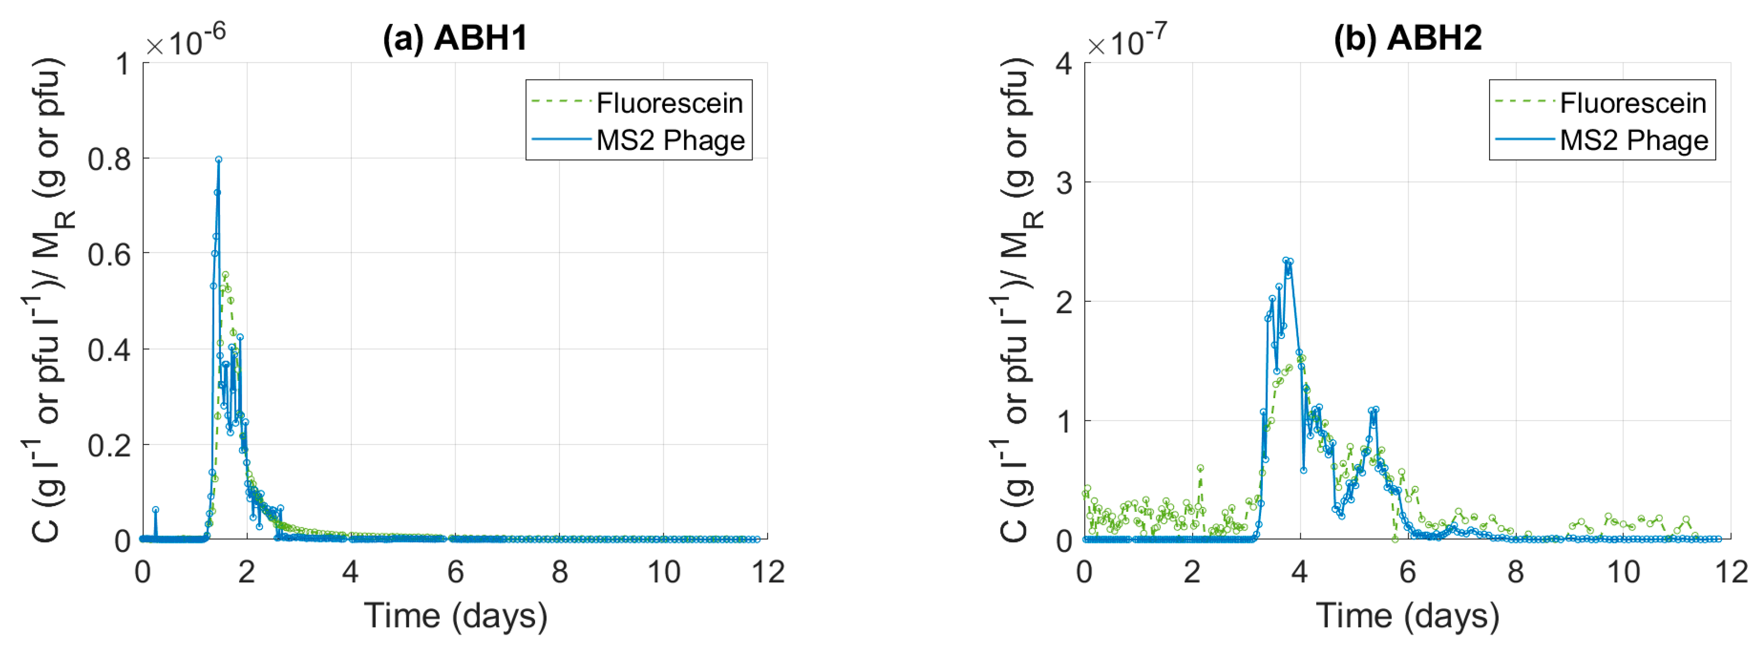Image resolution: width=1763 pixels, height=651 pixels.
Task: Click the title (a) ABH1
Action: pos(455,38)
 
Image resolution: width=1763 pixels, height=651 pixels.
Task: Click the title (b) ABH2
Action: pos(1407,38)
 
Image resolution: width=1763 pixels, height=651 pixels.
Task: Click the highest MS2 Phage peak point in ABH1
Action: pos(218,160)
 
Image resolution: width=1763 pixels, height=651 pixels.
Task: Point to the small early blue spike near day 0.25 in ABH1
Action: pos(156,510)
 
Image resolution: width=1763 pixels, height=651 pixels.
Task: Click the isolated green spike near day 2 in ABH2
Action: pos(1201,468)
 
